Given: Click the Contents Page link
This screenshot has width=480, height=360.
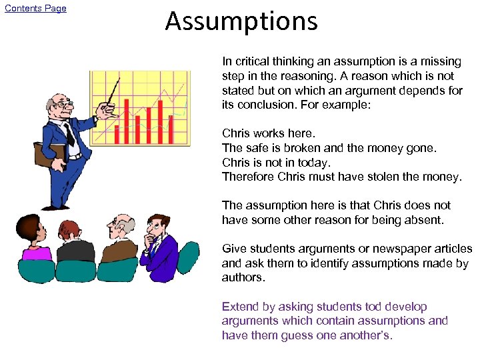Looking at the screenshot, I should tap(36, 9).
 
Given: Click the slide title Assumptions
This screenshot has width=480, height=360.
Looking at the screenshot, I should tap(241, 21).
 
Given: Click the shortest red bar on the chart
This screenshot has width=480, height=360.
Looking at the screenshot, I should tap(117, 134).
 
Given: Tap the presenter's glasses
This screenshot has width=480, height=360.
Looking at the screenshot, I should tap(60, 104).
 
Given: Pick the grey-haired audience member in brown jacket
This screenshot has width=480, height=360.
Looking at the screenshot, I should tap(121, 240).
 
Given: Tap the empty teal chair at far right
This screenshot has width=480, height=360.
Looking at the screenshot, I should tap(189, 257).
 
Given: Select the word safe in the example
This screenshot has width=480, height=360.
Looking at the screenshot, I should tap(257, 148).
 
